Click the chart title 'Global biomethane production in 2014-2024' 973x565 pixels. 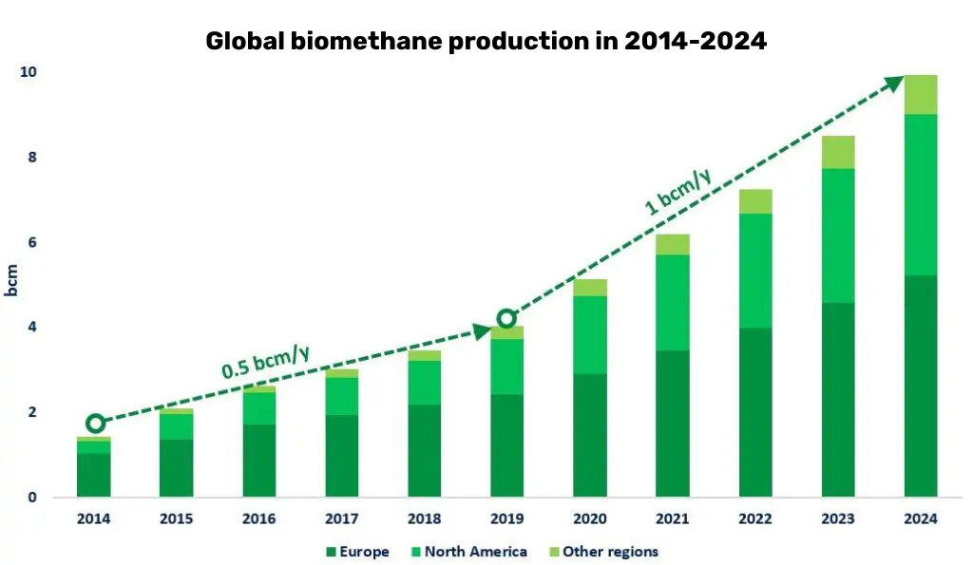[x=486, y=41]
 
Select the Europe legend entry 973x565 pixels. [x=356, y=552]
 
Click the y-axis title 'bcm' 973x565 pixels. [x=12, y=279]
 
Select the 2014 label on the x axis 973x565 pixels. [x=93, y=519]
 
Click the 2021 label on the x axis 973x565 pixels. [x=672, y=519]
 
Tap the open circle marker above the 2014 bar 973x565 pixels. [x=95, y=424]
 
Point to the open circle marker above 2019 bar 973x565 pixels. [x=506, y=318]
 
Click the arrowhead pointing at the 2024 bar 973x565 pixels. [x=893, y=83]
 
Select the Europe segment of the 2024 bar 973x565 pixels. [x=920, y=386]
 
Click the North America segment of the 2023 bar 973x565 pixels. [x=837, y=235]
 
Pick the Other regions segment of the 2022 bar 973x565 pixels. [x=754, y=201]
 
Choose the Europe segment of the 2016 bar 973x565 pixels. [x=258, y=461]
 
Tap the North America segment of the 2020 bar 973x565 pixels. [x=589, y=335]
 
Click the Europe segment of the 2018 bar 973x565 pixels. [x=424, y=450]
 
